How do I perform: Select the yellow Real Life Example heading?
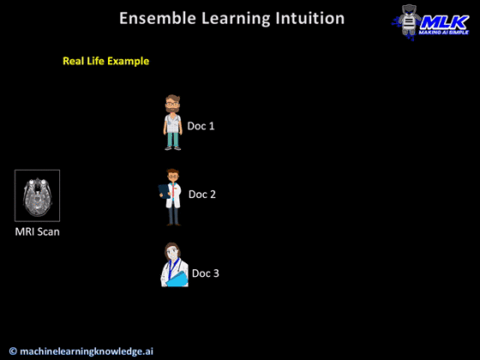[106, 62]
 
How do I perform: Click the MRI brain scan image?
[37, 195]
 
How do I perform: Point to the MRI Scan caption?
[37, 232]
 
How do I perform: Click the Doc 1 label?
[201, 126]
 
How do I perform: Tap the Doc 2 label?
[201, 194]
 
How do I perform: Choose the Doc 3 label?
[205, 273]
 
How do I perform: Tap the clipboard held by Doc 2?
[165, 195]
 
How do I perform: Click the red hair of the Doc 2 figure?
[173, 172]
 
